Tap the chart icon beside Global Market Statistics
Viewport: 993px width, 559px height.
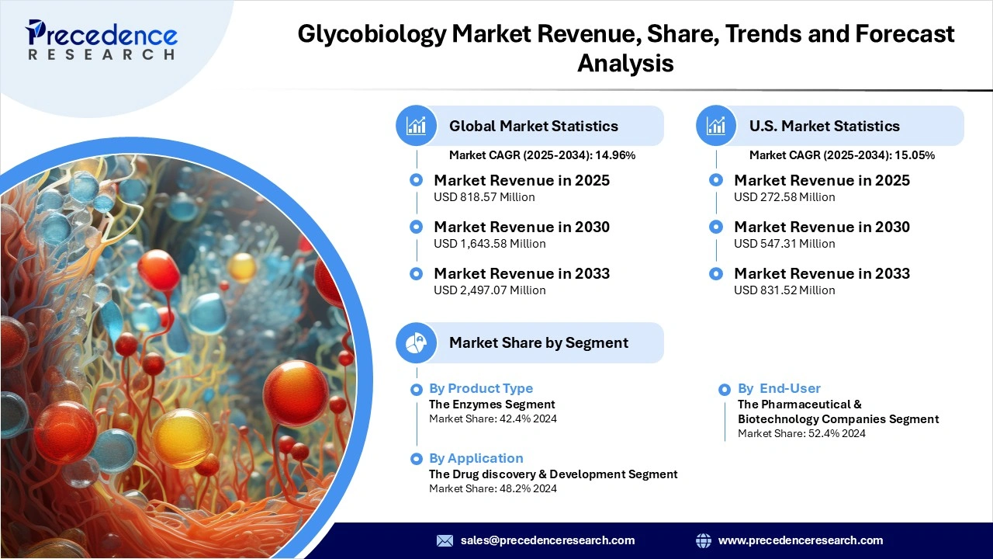pyautogui.click(x=417, y=126)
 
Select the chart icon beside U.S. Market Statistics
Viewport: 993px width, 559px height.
pyautogui.click(x=717, y=126)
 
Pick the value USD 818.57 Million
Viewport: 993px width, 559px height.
pyautogui.click(x=484, y=197)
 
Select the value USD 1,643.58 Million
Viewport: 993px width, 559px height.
pyautogui.click(x=490, y=244)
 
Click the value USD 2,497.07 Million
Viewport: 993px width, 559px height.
pyautogui.click(x=490, y=290)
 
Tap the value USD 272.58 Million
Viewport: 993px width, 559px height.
pyautogui.click(x=784, y=197)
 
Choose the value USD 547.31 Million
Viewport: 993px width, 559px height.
pyautogui.click(x=784, y=244)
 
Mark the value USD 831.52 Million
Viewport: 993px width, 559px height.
pyautogui.click(x=784, y=290)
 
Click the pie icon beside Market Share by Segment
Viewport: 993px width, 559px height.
pyautogui.click(x=417, y=343)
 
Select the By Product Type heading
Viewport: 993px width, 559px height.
pyautogui.click(x=481, y=388)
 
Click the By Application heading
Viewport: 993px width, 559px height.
pyautogui.click(x=476, y=458)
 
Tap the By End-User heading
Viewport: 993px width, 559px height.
pyautogui.click(x=779, y=388)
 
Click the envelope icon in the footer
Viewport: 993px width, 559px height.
pyautogui.click(x=445, y=540)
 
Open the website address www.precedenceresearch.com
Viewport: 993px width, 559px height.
pyautogui.click(x=801, y=540)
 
